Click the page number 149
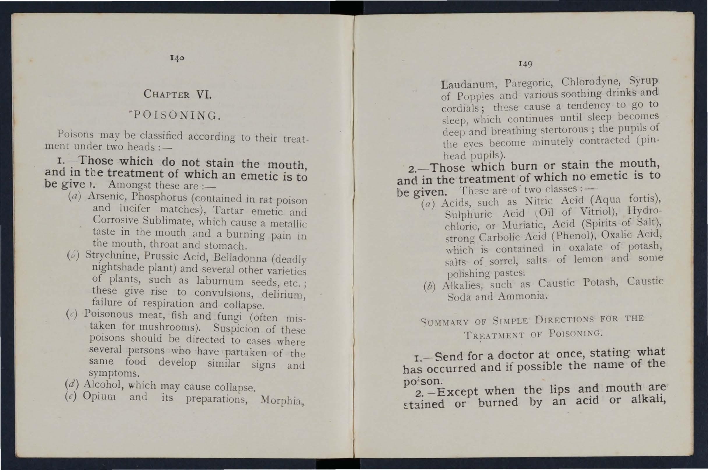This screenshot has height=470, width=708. click(525, 64)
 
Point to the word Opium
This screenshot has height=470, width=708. click(99, 396)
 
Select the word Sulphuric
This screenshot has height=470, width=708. click(468, 214)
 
